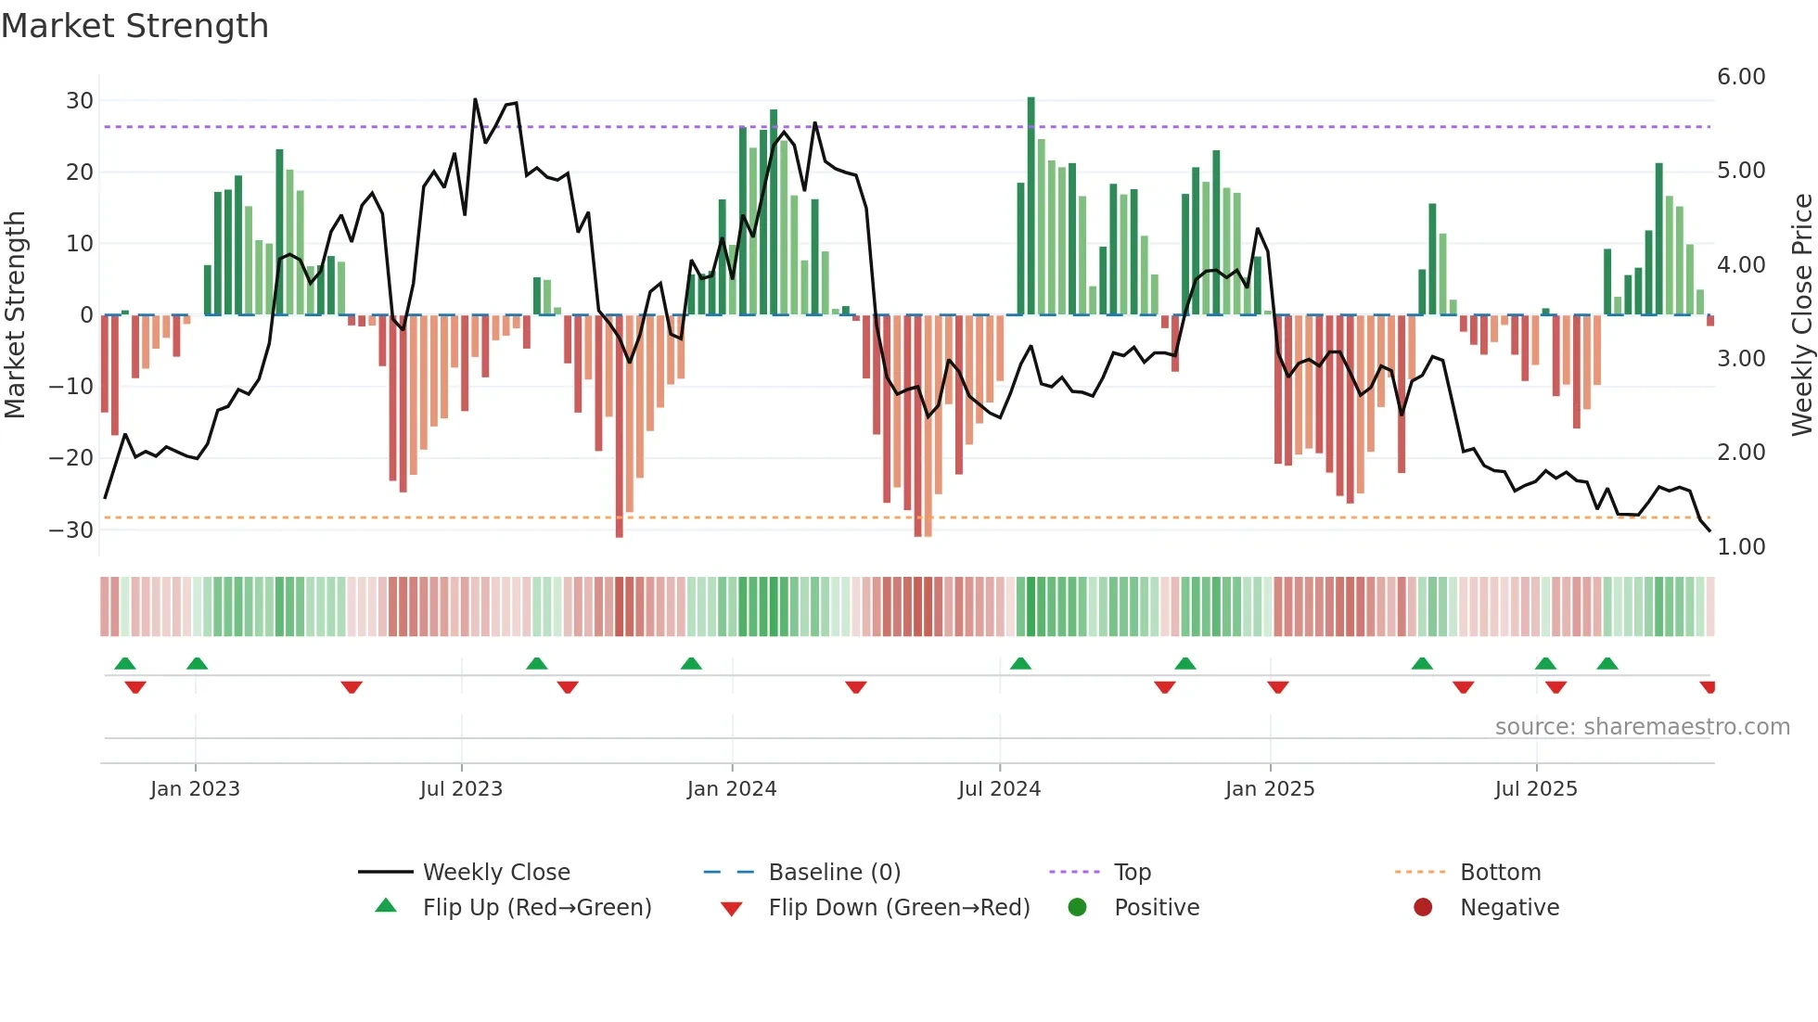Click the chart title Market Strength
click(134, 26)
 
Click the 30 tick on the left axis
click(80, 100)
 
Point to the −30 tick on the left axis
click(71, 530)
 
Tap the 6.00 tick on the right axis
click(1740, 77)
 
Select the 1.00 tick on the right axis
click(1740, 546)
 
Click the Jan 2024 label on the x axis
click(731, 789)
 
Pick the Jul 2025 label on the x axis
click(1535, 789)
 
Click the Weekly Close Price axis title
click(1801, 314)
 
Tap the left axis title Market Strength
click(16, 314)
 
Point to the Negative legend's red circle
click(1423, 908)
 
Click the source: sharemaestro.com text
click(1642, 727)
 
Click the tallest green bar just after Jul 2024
click(1031, 204)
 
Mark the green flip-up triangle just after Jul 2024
click(1020, 663)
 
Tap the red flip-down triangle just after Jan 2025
click(1278, 687)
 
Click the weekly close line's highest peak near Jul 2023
click(475, 100)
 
